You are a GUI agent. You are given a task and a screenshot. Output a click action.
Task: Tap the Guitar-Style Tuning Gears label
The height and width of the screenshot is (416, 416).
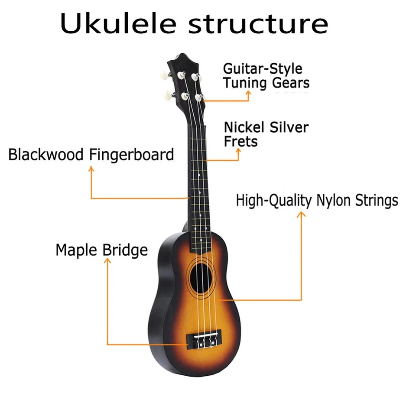266,75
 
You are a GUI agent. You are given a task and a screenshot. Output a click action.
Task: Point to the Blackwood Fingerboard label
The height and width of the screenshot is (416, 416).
91,154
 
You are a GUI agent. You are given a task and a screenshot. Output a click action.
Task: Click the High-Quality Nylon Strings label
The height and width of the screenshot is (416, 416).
317,201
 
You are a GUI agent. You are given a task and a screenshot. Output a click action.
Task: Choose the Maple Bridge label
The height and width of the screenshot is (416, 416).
101,250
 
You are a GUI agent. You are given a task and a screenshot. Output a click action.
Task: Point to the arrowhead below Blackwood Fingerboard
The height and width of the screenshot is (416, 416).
91,169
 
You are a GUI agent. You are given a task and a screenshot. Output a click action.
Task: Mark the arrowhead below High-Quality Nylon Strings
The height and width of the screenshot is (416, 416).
301,214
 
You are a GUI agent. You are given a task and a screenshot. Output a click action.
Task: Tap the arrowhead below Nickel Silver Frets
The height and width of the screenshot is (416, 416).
239,150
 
